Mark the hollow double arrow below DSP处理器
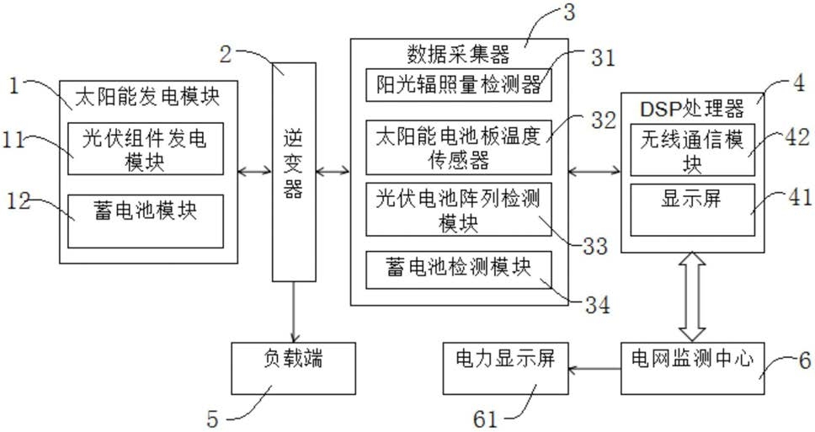pos(692,297)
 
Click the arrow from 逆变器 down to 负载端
pos(294,312)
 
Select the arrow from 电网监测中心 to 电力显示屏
pos(594,369)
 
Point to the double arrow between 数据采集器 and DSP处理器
pos(594,170)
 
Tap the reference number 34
pos(598,305)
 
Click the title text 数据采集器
pos(458,54)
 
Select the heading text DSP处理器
pos(692,109)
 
